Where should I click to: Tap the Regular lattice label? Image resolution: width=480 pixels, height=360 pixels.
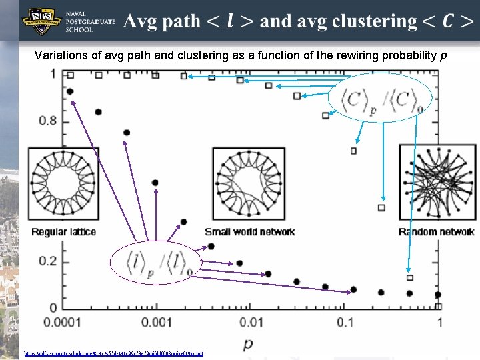pos(64,232)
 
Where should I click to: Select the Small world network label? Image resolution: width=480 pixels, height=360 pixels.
pos(249,232)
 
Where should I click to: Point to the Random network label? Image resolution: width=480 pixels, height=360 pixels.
pos(437,232)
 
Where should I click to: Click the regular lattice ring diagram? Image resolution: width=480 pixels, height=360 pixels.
pos(63,184)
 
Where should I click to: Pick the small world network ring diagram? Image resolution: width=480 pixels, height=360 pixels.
pos(249,184)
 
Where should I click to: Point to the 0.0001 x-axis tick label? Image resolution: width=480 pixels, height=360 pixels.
pos(63,323)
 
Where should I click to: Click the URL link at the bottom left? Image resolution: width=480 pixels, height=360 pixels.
pos(113,353)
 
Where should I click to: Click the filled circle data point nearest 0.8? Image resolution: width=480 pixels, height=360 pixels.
pos(99,112)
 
